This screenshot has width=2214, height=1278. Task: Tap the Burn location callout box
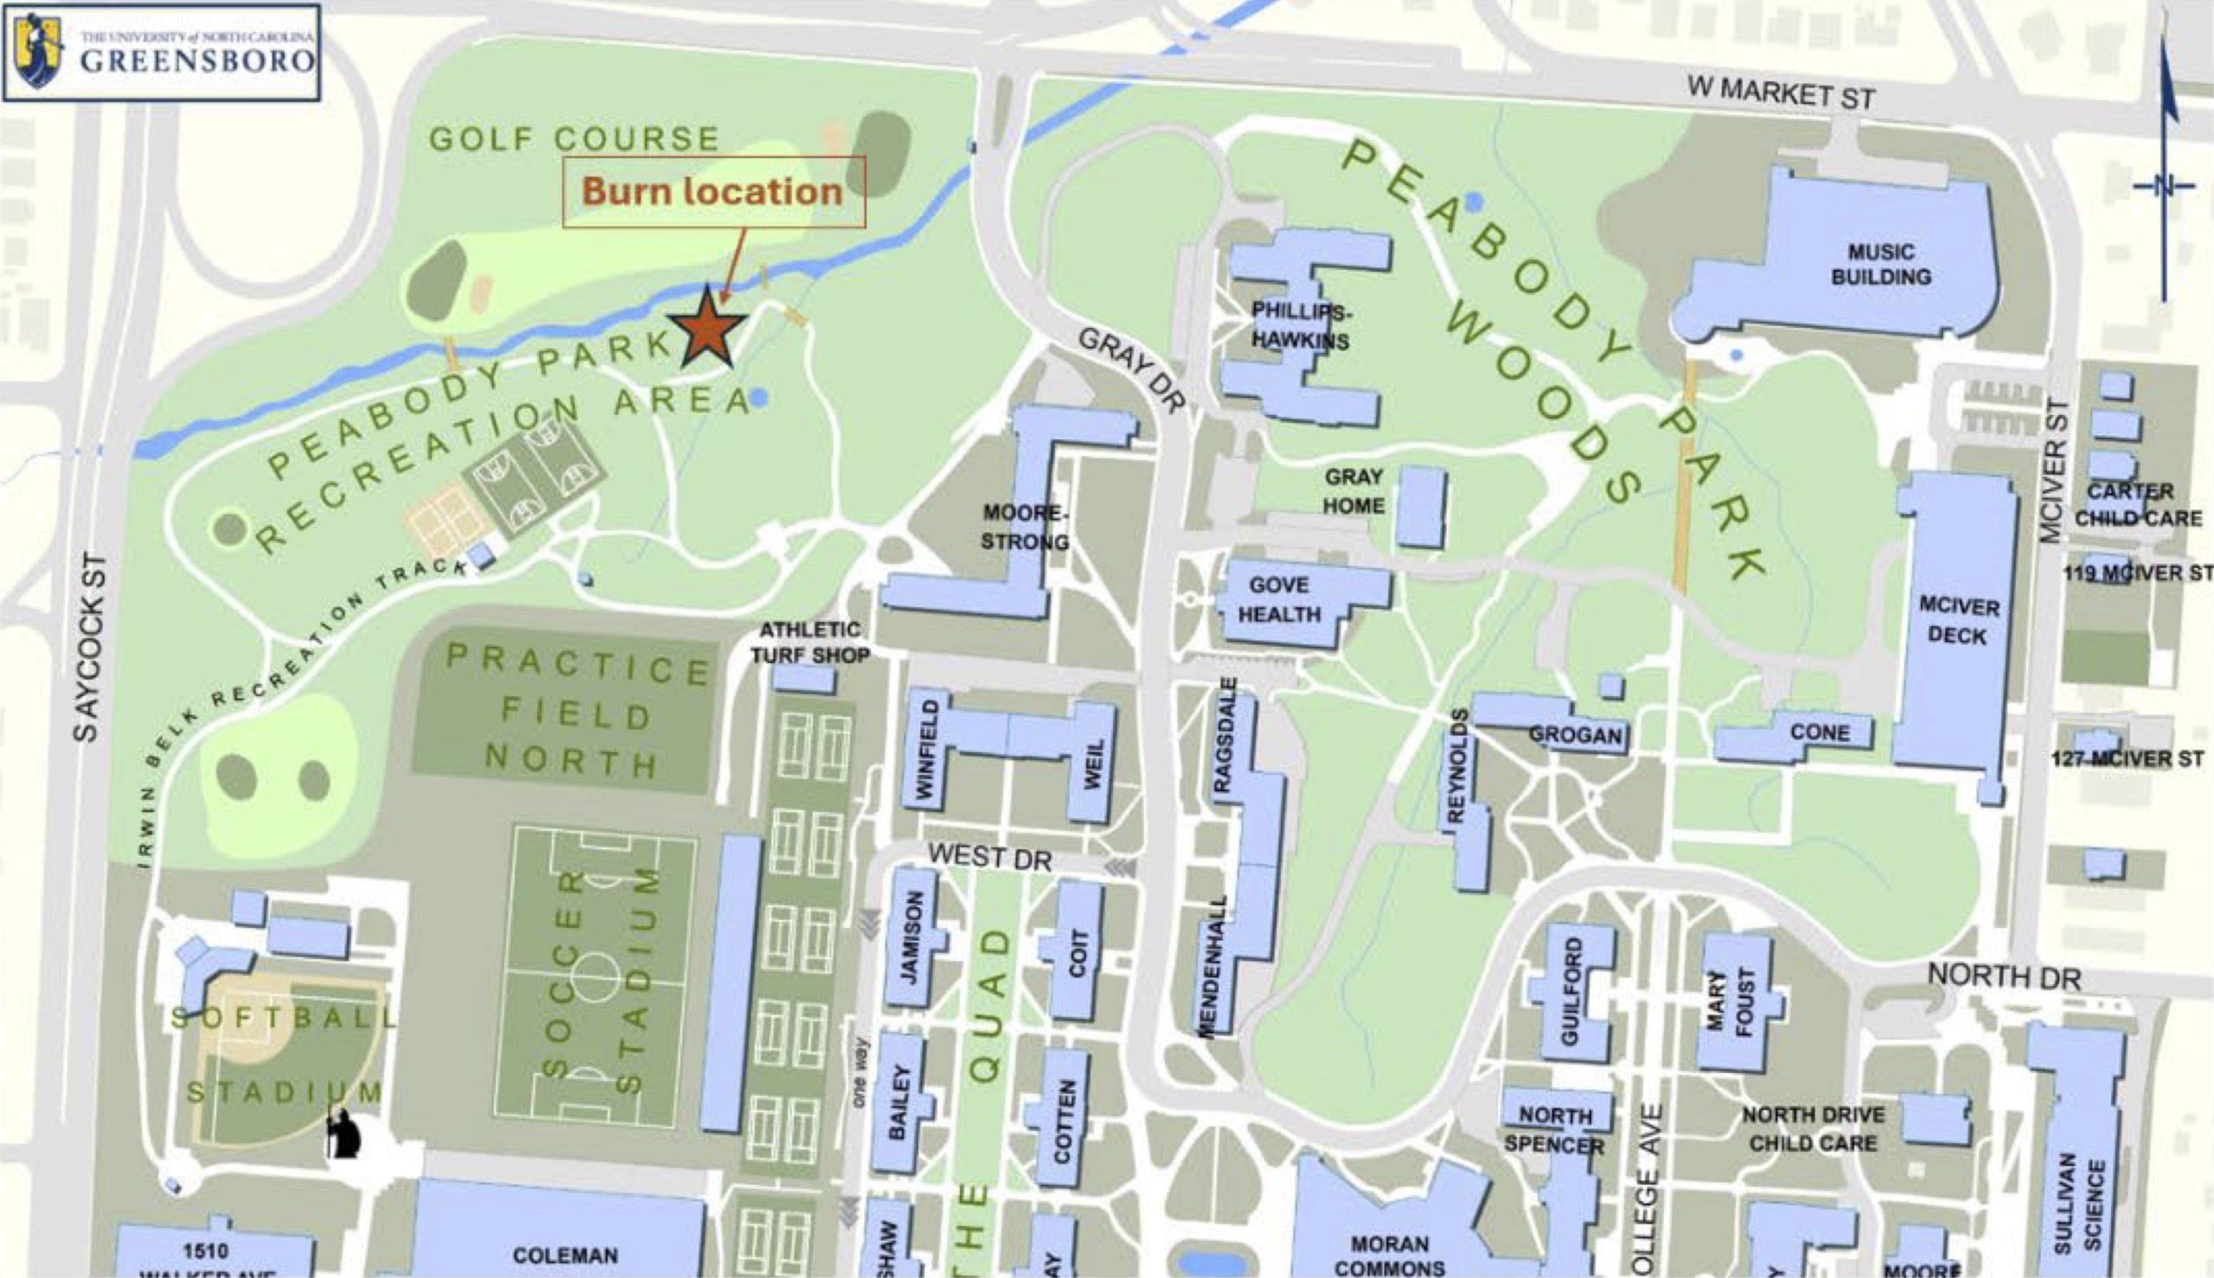coord(713,192)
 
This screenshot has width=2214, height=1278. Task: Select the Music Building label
coord(1880,265)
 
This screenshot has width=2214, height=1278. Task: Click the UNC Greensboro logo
coord(163,52)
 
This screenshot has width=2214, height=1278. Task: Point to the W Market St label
coord(1781,93)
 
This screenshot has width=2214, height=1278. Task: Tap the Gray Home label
coord(1353,491)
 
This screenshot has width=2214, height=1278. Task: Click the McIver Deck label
coord(1959,621)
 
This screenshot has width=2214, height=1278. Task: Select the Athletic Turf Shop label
coord(809,642)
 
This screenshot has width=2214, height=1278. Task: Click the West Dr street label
coord(989,857)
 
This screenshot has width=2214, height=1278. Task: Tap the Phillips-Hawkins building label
coord(1301,326)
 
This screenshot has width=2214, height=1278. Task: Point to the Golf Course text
coord(574,138)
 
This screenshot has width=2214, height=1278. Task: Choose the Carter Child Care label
coord(2137,505)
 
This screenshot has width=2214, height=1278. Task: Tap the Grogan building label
coord(1575,735)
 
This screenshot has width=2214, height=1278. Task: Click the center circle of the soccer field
coord(595,973)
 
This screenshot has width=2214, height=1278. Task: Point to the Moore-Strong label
coord(1024,527)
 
